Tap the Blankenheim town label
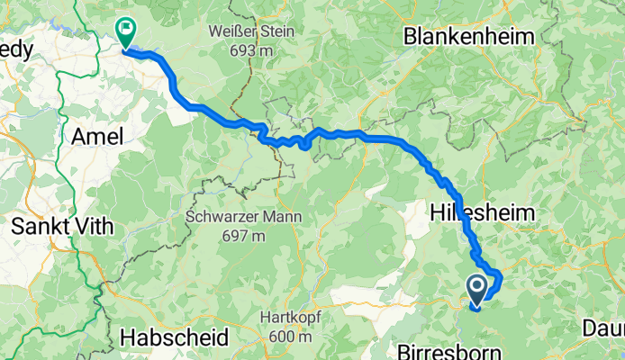pos(469,37)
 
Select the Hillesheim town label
pos(484,213)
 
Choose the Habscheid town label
pos(174,337)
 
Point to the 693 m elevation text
pos(250,50)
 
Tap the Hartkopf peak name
pos(289,318)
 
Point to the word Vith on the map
pos(95,226)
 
